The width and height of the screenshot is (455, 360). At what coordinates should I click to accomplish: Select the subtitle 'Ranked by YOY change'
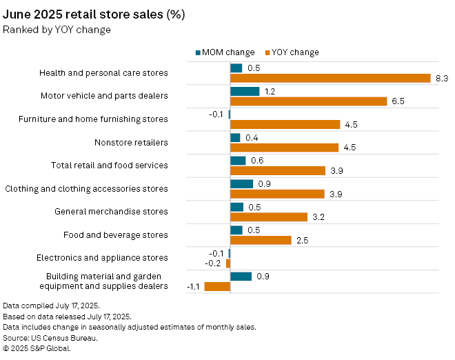point(57,30)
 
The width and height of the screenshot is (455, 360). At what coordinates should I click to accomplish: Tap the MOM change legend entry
point(226,52)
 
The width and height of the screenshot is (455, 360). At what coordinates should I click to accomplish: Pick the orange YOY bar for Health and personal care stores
point(330,79)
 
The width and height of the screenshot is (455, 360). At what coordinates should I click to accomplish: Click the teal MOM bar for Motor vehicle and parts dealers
point(245,91)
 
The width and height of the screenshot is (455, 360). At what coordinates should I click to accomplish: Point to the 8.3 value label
point(442,79)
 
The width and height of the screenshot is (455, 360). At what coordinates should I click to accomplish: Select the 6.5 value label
point(398,101)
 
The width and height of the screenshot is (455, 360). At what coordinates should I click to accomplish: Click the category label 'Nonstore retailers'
point(131,143)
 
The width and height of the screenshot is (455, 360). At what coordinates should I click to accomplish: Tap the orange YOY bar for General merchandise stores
point(269,217)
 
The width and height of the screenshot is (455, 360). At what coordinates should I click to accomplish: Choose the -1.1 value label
point(194,287)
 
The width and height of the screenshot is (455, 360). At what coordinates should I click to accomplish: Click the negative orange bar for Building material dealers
point(217,287)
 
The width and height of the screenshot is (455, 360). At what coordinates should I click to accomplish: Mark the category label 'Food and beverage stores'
point(116,235)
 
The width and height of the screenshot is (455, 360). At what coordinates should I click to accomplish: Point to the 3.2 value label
point(318,217)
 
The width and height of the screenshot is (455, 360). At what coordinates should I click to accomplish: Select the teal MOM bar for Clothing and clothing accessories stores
point(241,183)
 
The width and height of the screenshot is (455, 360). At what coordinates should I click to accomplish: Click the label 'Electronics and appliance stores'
point(102,258)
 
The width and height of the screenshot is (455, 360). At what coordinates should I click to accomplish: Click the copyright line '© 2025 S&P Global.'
point(37,349)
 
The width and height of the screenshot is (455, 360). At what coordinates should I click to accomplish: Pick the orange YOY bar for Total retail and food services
point(278,171)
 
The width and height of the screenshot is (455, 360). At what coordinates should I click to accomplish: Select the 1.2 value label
point(270,91)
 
